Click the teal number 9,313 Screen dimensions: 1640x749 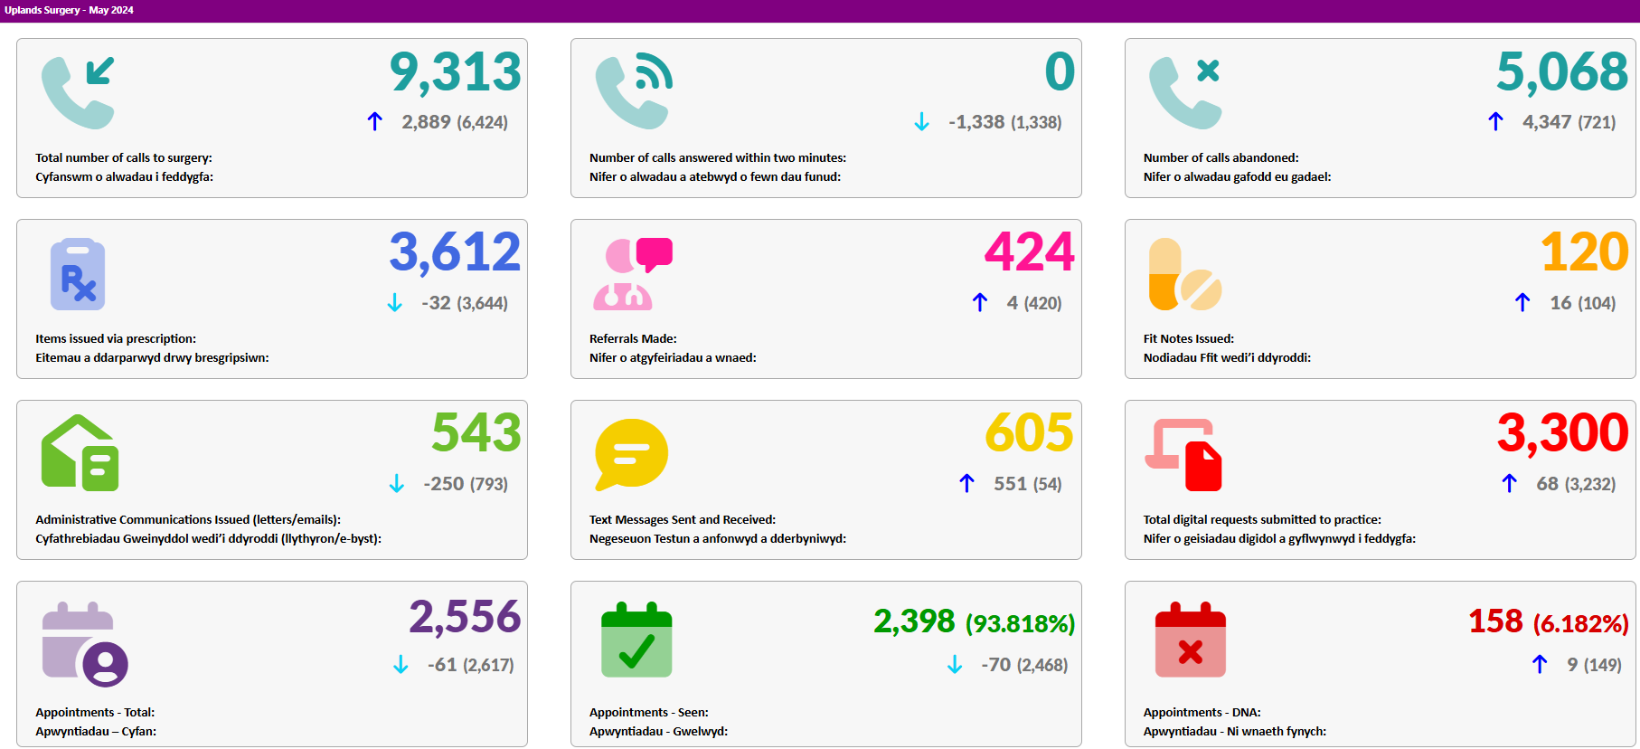point(456,72)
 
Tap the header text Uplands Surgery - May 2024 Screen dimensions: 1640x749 point(69,10)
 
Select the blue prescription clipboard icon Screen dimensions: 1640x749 point(78,274)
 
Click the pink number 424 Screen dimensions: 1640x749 point(1030,251)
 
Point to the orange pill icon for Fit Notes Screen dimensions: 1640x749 point(1184,274)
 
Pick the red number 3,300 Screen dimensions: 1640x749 point(1562,432)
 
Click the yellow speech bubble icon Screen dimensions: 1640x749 point(631,454)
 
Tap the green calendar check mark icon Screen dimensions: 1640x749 point(636,640)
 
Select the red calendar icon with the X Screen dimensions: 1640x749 point(1191,640)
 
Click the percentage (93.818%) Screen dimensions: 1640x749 point(1021,623)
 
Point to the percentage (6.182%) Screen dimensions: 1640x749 point(1581,623)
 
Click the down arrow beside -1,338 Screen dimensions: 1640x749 point(921,121)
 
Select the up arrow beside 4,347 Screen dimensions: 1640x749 point(1495,121)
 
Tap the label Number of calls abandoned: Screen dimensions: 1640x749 point(1221,157)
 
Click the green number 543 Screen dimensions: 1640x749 point(476,432)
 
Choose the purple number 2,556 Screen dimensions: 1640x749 point(465,617)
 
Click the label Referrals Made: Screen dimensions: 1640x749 point(633,338)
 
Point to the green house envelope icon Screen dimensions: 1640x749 point(80,453)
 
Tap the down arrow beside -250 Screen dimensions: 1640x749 point(396,484)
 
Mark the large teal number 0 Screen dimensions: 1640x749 point(1060,72)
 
